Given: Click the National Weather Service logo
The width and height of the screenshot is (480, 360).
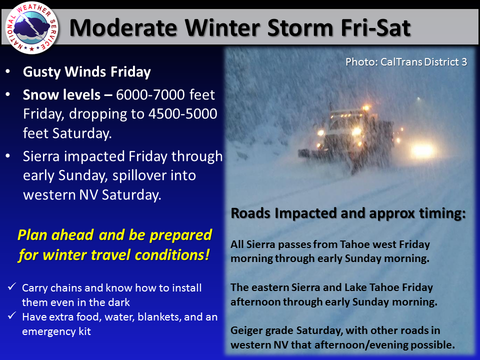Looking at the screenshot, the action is click(32, 27).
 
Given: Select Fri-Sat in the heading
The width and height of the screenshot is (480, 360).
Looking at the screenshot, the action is click(375, 28).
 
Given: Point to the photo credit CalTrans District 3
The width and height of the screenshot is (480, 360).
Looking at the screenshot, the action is click(406, 62).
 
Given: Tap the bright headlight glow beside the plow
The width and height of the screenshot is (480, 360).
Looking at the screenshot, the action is click(423, 150).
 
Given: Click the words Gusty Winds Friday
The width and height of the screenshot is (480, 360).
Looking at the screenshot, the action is click(87, 72).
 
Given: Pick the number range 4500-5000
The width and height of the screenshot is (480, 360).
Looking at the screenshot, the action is click(183, 114).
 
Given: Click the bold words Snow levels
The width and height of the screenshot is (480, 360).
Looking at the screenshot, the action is click(62, 95).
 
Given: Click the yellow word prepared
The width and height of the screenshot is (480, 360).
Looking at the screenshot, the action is click(180, 235).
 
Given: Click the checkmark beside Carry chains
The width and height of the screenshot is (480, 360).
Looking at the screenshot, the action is click(12, 286).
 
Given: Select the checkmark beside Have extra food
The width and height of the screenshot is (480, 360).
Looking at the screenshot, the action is click(12, 315).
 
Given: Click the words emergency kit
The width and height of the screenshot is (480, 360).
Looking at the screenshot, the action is click(56, 331).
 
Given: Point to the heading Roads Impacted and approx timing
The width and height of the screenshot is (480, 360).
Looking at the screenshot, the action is click(348, 213).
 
